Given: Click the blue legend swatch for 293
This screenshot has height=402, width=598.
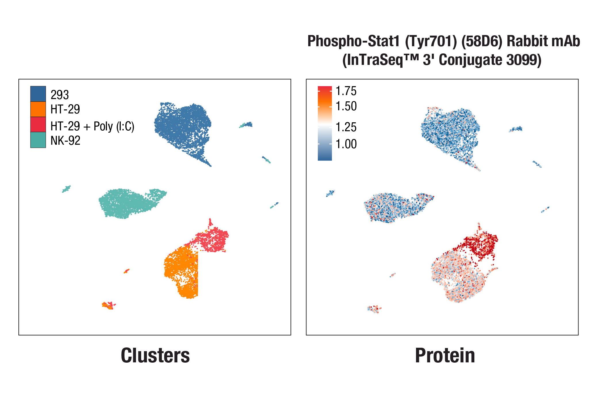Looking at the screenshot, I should (x=38, y=94).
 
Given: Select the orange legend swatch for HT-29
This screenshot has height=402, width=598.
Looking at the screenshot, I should (x=38, y=109).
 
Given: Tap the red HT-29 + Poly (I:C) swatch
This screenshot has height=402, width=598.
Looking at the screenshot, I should (x=38, y=124).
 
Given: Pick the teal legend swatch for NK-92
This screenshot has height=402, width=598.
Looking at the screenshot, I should (x=38, y=140).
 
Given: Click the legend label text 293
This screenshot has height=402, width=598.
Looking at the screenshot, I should (x=60, y=95).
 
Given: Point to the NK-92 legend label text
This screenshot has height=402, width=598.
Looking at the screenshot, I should (x=65, y=140).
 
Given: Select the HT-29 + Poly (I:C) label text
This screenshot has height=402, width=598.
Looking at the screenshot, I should (x=92, y=126).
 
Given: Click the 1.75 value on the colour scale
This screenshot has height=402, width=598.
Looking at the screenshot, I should (x=346, y=91).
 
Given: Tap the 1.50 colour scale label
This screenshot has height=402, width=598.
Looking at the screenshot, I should (x=346, y=106).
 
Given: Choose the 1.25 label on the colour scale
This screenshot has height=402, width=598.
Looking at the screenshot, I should (x=346, y=127).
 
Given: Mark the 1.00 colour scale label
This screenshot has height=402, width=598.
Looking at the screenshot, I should (x=346, y=144).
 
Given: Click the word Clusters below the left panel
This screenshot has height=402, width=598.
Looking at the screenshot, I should (x=155, y=355).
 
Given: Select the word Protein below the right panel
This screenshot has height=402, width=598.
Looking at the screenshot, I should (x=445, y=355).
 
